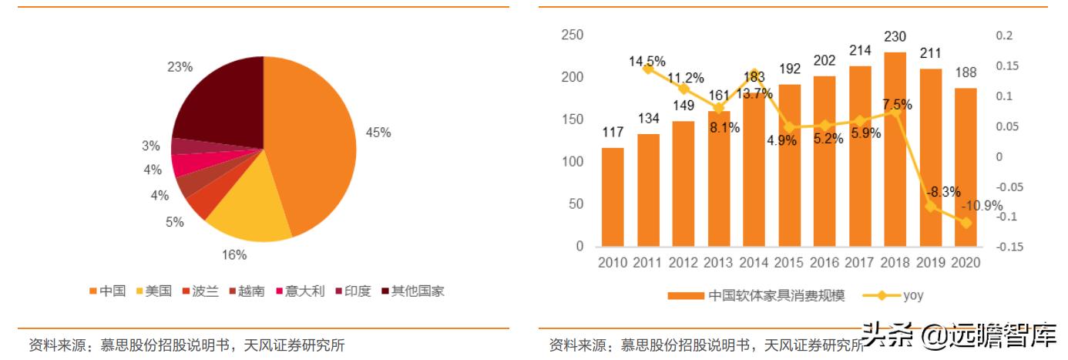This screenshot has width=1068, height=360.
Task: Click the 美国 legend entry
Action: pyautogui.click(x=154, y=291)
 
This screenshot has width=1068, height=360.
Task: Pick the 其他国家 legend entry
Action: pyautogui.click(x=413, y=291)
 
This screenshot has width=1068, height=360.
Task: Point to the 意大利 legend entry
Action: pyautogui.click(x=301, y=291)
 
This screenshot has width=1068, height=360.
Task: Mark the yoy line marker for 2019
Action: pyautogui.click(x=931, y=206)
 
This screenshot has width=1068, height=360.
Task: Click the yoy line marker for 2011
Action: pyautogui.click(x=648, y=69)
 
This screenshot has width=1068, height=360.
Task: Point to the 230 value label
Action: pyautogui.click(x=895, y=37)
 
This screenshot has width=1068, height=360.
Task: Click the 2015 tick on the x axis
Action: pyautogui.click(x=789, y=263)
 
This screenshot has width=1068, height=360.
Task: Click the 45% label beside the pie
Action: pyautogui.click(x=378, y=133)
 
